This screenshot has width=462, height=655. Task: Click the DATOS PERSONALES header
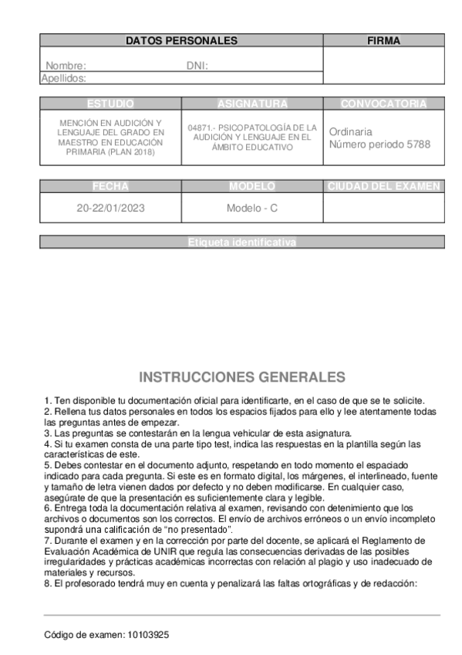click(181, 41)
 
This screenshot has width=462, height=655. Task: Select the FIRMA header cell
click(383, 41)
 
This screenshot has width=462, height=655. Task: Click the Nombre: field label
click(66, 66)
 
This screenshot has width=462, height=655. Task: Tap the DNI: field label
click(197, 66)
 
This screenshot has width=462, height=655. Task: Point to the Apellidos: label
click(63, 78)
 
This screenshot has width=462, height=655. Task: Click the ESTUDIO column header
click(110, 104)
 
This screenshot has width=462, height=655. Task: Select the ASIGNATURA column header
click(252, 104)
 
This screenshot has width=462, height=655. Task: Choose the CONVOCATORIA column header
click(383, 104)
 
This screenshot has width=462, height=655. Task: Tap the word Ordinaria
click(350, 131)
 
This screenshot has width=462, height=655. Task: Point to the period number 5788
click(417, 144)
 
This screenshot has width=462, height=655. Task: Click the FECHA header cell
click(110, 186)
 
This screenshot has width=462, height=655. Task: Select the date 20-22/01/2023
click(110, 209)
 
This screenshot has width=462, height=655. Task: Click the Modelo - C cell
click(252, 209)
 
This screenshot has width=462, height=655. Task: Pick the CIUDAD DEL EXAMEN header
click(383, 186)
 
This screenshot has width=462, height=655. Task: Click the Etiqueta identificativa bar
click(242, 242)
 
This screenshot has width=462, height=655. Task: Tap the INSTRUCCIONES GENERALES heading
click(242, 377)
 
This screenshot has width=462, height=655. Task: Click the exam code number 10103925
click(147, 634)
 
